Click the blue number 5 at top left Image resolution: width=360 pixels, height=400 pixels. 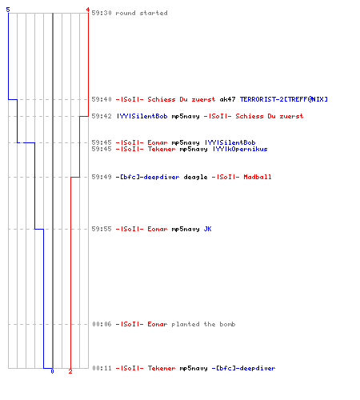click(8, 10)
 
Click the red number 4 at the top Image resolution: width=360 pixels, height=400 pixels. click(87, 10)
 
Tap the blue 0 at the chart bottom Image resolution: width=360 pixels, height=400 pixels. click(52, 371)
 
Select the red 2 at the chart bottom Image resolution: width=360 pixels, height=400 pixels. click(70, 371)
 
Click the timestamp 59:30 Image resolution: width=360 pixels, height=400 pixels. click(102, 13)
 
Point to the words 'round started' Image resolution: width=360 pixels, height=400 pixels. click(142, 13)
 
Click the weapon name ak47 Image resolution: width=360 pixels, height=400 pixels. click(227, 99)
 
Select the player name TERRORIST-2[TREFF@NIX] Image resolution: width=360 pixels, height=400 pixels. click(284, 99)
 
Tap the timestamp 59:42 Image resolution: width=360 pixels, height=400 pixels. click(102, 116)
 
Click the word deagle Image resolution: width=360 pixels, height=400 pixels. click(195, 177)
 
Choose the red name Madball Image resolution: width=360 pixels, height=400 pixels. click(258, 177)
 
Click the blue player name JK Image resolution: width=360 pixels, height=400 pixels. click(208, 229)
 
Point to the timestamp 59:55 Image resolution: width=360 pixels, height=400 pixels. click(102, 229)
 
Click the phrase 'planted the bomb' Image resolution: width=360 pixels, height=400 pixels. click(203, 324)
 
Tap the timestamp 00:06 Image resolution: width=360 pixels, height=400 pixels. click(102, 324)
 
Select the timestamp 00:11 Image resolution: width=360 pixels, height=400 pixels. click(102, 368)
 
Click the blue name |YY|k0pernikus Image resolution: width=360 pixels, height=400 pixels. click(240, 149)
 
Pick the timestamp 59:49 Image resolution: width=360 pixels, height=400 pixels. click(102, 177)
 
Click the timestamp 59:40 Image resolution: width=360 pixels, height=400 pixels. click(102, 99)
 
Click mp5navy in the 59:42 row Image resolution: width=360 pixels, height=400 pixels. click(186, 116)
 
